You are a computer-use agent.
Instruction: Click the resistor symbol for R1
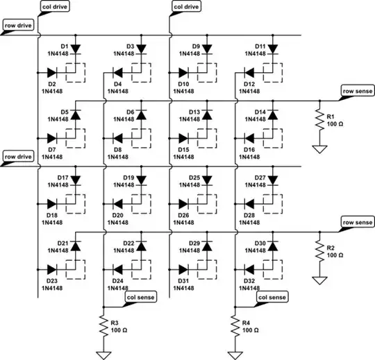(319, 122)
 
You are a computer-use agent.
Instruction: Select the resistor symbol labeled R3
(104, 326)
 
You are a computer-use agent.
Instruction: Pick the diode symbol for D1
(75, 49)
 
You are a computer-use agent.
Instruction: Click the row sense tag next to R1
(357, 91)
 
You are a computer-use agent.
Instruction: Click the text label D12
(253, 83)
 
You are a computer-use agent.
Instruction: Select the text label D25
(195, 178)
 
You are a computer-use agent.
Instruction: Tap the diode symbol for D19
(140, 180)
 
